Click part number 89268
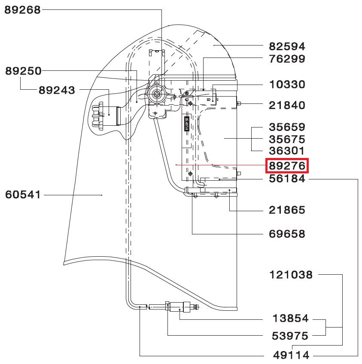(22, 10)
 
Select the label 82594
(287, 46)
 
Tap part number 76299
(287, 59)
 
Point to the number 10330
(287, 85)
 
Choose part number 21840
(287, 105)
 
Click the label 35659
(287, 127)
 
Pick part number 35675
(287, 140)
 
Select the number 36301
(287, 151)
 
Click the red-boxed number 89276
(287, 166)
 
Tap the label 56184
(287, 179)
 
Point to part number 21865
(287, 210)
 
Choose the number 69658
(287, 234)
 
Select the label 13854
(290, 318)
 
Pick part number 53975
(290, 336)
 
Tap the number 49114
(290, 355)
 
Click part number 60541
(23, 195)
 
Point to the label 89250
(23, 71)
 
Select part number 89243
(57, 90)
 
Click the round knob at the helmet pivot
(156, 94)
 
